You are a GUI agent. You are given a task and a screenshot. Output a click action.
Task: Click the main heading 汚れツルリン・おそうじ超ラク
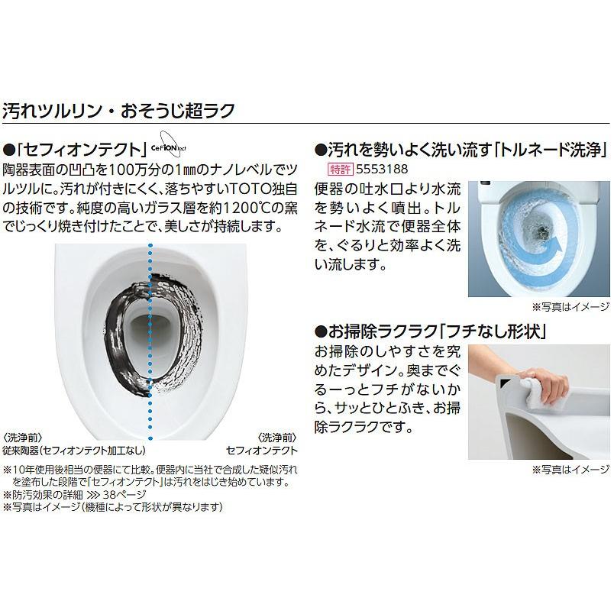coord(118,108)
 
